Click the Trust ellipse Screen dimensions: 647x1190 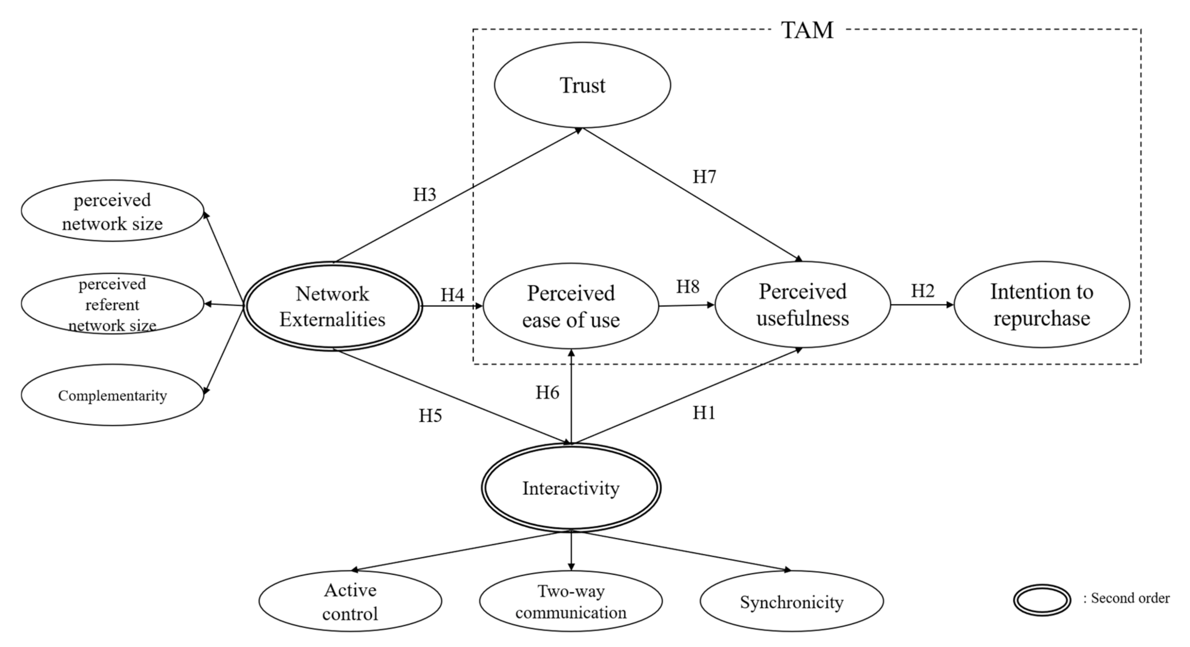tap(582, 85)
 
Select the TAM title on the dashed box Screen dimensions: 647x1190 tap(807, 30)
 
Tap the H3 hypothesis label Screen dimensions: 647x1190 tap(424, 195)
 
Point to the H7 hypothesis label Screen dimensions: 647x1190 tap(704, 176)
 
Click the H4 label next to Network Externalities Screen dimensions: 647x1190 tap(452, 295)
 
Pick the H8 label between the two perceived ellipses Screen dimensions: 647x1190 tap(687, 287)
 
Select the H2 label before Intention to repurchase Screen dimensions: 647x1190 tap(922, 291)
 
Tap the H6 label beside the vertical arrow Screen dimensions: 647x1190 tap(547, 392)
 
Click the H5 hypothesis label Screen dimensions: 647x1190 tap(430, 416)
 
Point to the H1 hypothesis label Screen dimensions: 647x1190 tap(704, 413)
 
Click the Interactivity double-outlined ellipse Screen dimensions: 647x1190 tap(571, 488)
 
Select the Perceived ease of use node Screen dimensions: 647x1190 tap(571, 306)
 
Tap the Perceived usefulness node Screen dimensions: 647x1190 tap(803, 305)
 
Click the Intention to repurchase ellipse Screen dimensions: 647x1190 tap(1042, 305)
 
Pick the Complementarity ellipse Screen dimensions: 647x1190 tap(112, 395)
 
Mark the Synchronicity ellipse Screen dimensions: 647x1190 tap(791, 602)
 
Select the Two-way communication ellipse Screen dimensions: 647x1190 tap(571, 602)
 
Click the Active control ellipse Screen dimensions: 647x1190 tap(350, 602)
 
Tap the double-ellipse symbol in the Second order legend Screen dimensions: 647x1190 tap(1042, 600)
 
